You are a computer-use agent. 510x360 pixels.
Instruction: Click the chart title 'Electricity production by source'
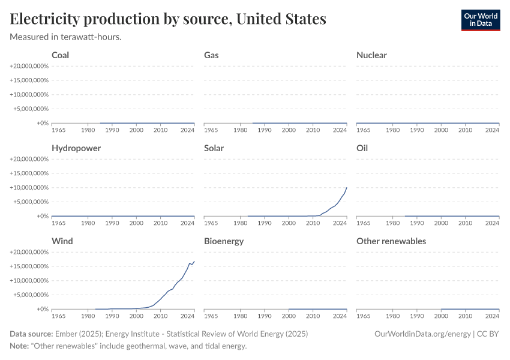click(168, 19)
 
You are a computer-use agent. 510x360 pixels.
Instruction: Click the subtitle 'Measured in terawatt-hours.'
click(66, 37)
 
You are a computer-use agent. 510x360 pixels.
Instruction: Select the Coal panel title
click(60, 55)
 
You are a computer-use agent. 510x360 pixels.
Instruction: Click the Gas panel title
click(211, 55)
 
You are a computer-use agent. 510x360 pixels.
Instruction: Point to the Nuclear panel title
click(371, 55)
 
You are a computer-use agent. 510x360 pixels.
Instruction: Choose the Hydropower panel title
click(76, 148)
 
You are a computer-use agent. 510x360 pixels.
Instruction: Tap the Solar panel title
click(213, 148)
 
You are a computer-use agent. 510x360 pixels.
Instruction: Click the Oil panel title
click(362, 148)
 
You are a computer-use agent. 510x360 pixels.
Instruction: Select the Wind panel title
click(62, 241)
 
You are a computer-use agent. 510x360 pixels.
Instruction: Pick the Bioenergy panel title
click(223, 241)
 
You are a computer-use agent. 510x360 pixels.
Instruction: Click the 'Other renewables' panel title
click(391, 241)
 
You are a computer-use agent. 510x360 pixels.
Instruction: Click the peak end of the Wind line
click(194, 262)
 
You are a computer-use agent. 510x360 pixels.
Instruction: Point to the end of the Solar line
click(346, 188)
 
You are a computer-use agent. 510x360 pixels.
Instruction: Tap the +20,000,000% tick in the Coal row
click(29, 66)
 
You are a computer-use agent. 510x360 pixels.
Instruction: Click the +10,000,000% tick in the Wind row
click(29, 281)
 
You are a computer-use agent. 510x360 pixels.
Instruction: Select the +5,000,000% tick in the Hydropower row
click(30, 202)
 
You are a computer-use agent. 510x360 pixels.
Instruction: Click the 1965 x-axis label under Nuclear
click(364, 130)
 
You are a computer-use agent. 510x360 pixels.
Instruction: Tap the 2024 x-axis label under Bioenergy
click(340, 316)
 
